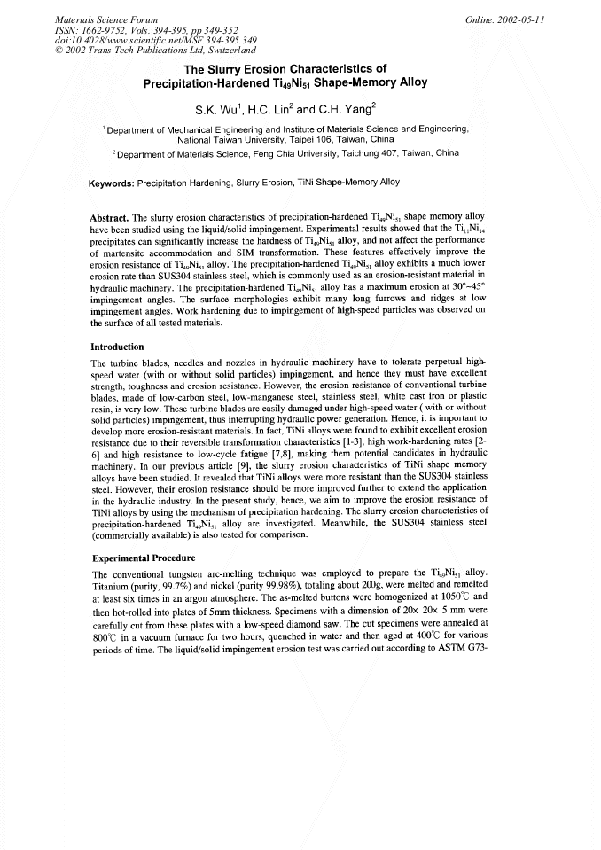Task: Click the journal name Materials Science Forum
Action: click(x=94, y=19)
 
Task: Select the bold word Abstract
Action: click(x=110, y=217)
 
